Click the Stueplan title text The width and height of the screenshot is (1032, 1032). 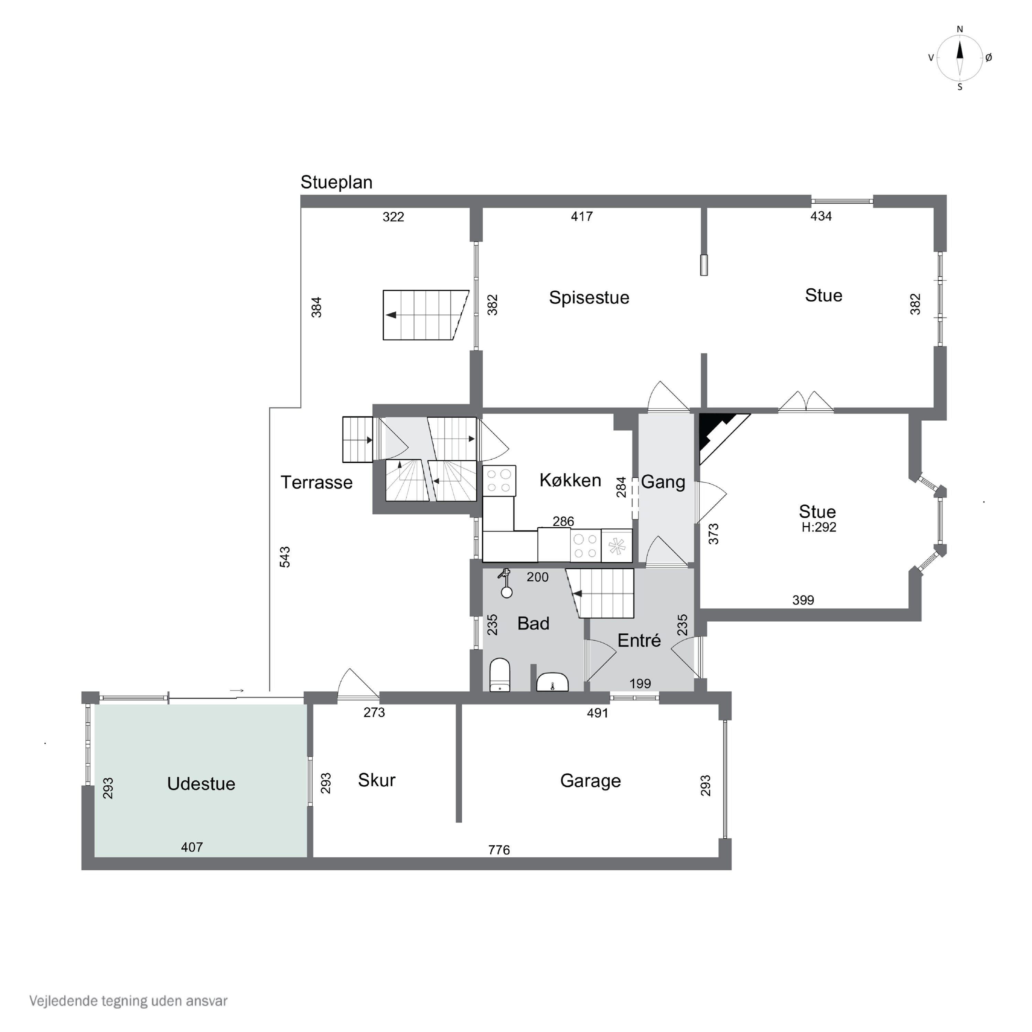point(336,183)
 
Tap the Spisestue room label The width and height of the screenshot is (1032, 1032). point(589,298)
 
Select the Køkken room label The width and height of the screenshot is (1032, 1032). point(570,480)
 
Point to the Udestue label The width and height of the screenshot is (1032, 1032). point(201,784)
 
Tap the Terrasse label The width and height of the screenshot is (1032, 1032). point(317,482)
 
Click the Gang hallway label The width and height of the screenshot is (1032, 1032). point(663,482)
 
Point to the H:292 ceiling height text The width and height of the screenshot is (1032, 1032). point(819,527)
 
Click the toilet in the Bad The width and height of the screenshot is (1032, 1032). point(500,675)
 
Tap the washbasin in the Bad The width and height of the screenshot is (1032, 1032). point(552,682)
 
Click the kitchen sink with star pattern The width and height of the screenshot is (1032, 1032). point(617,545)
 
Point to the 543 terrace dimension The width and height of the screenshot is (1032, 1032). point(285,557)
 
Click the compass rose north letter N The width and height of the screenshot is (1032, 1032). point(960,29)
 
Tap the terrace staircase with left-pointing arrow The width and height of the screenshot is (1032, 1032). point(426,315)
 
